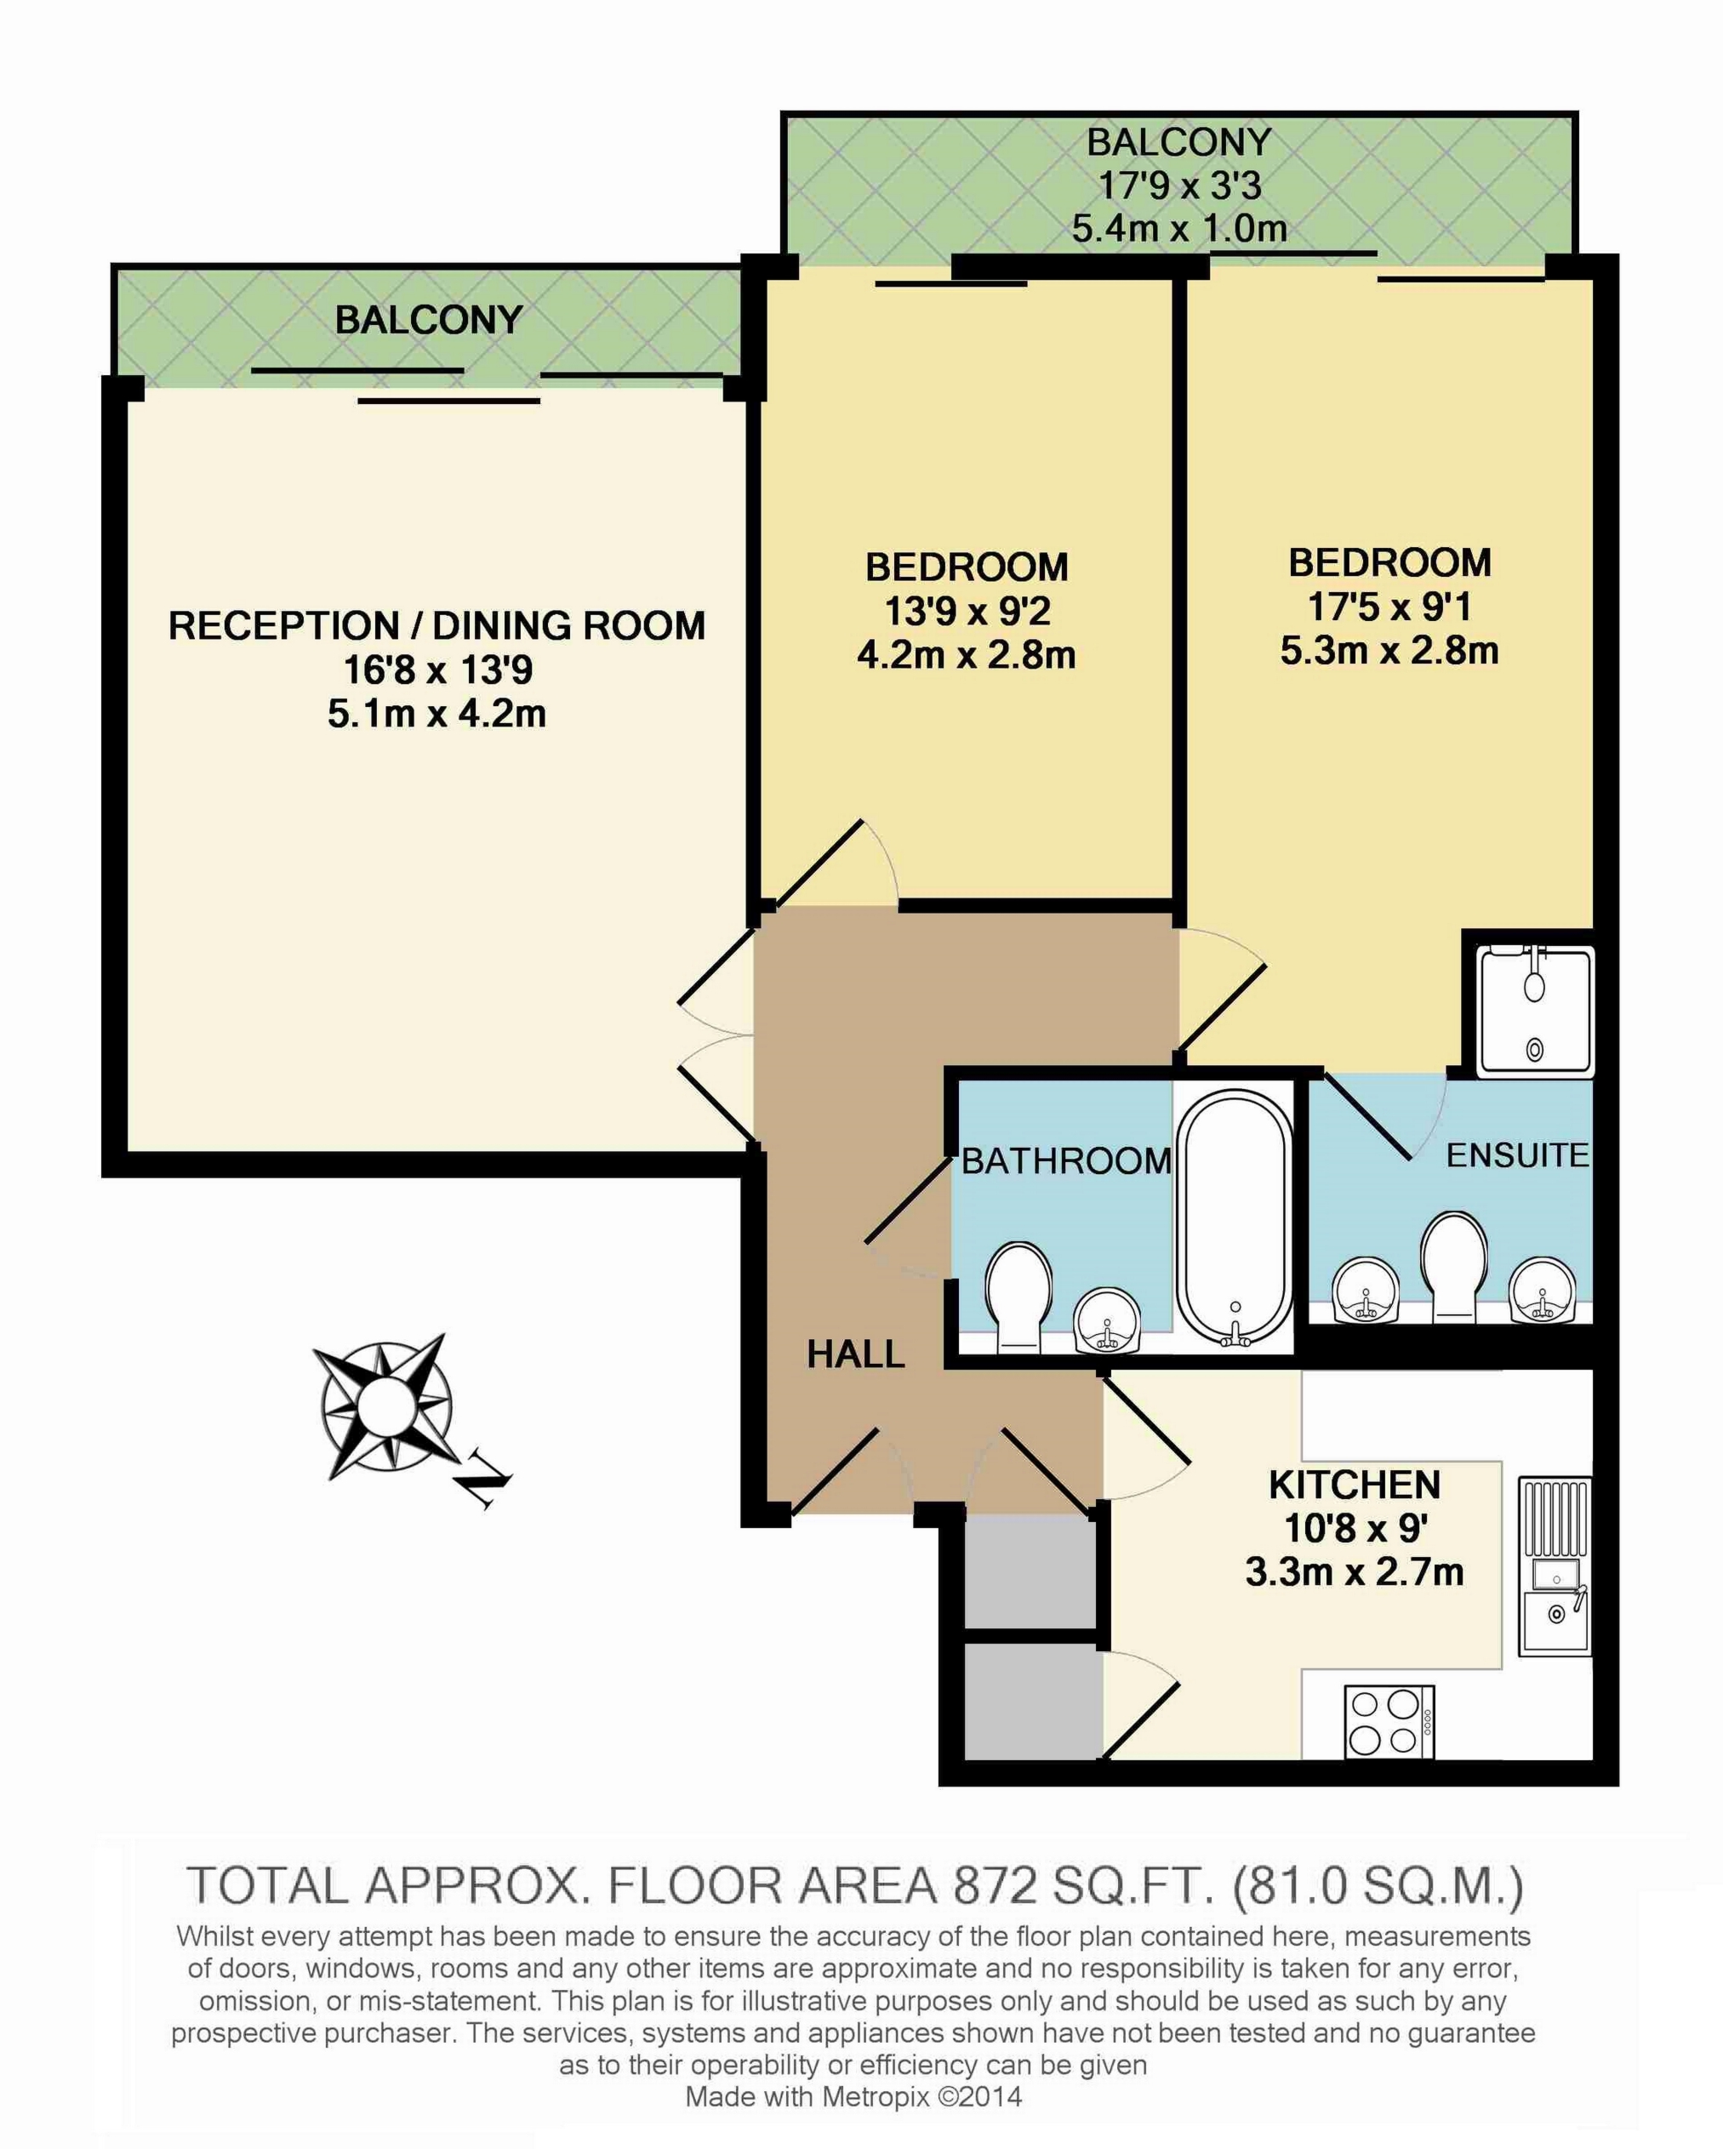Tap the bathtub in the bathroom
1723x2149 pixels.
(1235, 1219)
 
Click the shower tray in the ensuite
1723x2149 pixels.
(1536, 1012)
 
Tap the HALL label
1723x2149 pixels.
(855, 1354)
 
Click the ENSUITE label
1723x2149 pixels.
(1516, 1155)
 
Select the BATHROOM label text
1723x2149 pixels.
(1066, 1160)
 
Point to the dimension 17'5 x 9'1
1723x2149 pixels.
(1389, 607)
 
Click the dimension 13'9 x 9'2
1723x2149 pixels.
(967, 611)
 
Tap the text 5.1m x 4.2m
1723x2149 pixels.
(436, 714)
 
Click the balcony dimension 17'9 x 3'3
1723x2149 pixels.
(1179, 185)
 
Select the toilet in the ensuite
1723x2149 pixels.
(1452, 1265)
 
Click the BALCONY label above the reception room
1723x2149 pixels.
(429, 320)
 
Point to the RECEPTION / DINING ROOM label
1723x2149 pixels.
(436, 626)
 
